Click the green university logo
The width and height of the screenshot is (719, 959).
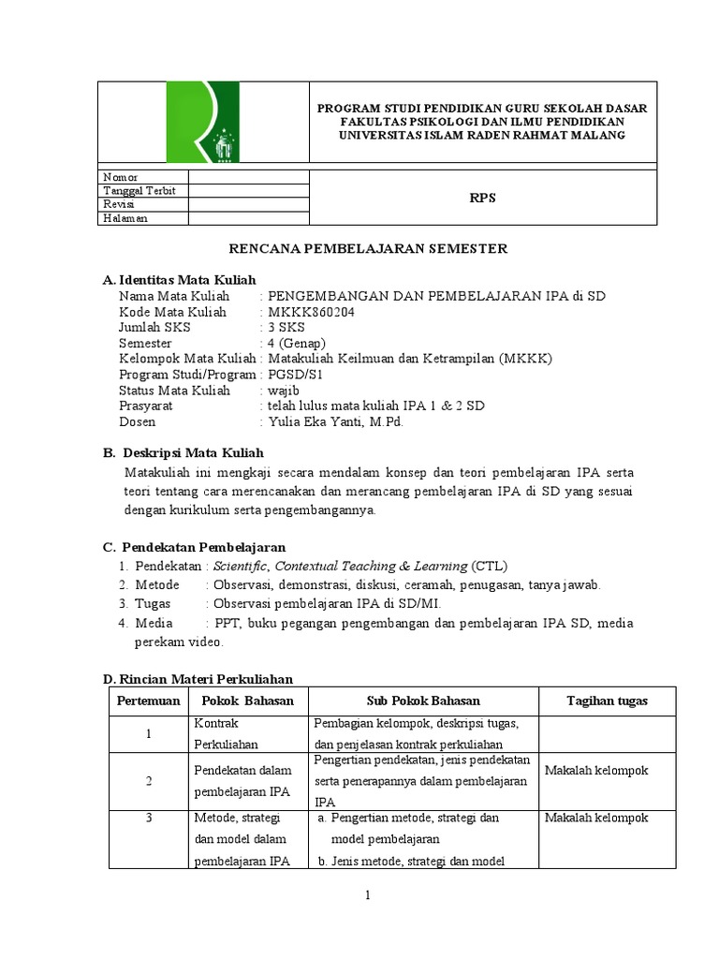202,123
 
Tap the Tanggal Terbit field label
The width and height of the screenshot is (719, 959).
139,190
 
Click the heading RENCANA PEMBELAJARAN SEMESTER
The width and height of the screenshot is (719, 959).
369,248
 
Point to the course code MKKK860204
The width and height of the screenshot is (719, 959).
312,312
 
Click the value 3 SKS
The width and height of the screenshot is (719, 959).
286,328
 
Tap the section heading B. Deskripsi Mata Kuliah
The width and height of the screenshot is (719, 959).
183,453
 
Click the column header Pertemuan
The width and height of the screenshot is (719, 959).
148,701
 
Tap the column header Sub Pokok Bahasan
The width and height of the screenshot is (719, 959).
423,701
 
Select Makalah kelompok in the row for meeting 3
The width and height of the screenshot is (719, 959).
595,818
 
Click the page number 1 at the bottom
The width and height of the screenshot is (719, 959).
369,896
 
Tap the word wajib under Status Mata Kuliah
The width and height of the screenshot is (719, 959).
284,391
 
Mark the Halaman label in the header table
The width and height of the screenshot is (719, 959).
125,218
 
